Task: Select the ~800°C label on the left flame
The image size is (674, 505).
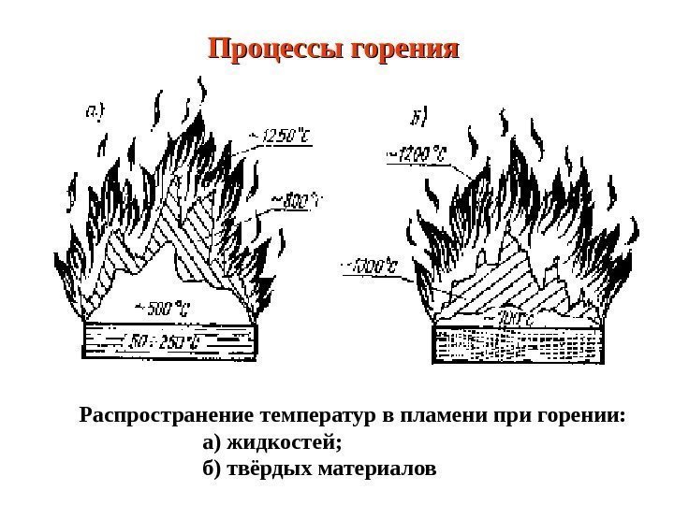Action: click(295, 199)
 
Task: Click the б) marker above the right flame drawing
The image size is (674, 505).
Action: click(418, 119)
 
